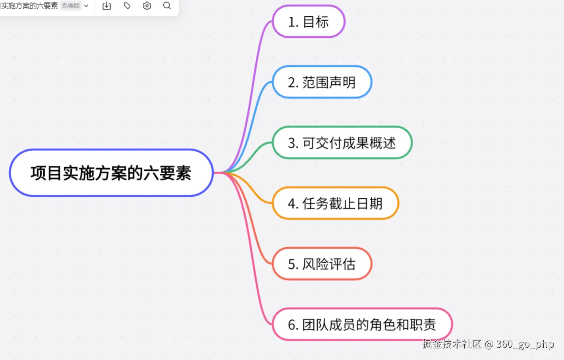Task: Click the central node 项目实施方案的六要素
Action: click(111, 173)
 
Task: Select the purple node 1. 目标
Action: click(309, 22)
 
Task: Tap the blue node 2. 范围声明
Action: click(322, 82)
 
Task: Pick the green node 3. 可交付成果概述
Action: click(342, 143)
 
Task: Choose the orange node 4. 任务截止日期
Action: click(335, 203)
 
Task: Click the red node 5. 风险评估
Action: click(322, 264)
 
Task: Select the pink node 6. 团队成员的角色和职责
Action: click(362, 324)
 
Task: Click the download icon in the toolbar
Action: click(106, 6)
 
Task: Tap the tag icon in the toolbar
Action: click(127, 6)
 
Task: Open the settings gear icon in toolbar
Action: click(147, 6)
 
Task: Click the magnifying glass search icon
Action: click(167, 6)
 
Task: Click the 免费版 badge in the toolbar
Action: click(71, 6)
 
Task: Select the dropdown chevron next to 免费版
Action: click(86, 6)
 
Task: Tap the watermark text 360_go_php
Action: click(525, 344)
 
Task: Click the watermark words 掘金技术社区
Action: click(452, 344)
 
